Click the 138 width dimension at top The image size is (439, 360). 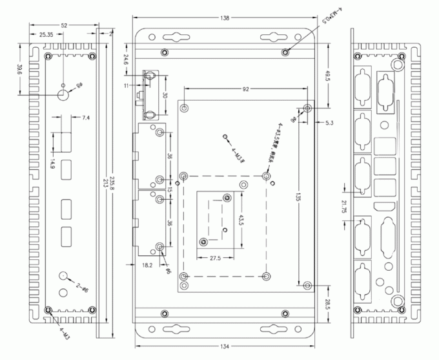(224, 18)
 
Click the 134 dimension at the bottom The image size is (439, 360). (224, 346)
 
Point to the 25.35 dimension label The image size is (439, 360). (46, 34)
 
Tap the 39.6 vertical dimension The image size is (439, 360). (20, 70)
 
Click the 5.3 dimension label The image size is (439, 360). (329, 122)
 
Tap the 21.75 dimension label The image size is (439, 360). (343, 206)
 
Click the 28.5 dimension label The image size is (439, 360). (327, 304)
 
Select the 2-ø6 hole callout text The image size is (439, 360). (81, 286)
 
